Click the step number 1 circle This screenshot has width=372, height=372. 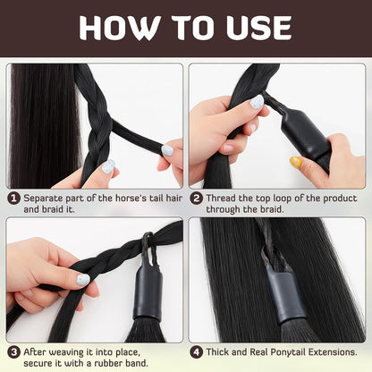14,197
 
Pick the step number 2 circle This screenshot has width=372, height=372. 195,197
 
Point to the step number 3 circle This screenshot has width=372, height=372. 14,352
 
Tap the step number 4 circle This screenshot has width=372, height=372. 195,352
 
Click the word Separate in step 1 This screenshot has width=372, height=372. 44,197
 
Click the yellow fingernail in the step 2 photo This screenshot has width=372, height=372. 295,162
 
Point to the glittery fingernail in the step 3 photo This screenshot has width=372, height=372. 82,280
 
